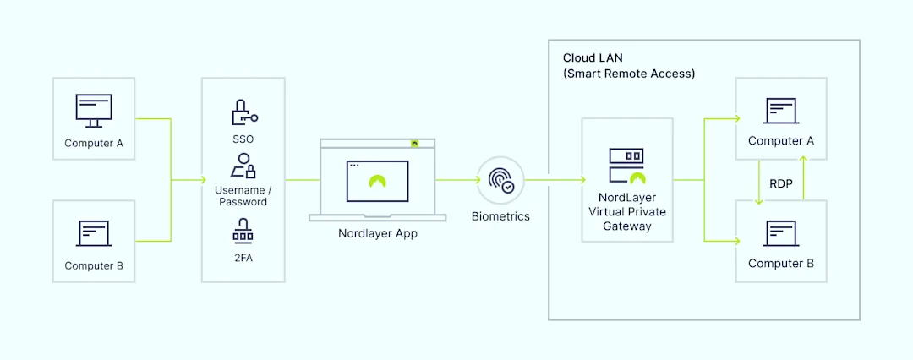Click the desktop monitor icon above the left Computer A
[x=94, y=111]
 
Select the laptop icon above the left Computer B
[x=94, y=233]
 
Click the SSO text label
[x=243, y=139]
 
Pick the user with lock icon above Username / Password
[x=243, y=166]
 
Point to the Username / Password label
[x=243, y=196]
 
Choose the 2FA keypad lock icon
[x=243, y=231]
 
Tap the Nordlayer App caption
[x=372, y=233]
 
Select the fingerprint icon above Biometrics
[x=500, y=180]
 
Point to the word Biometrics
[x=500, y=216]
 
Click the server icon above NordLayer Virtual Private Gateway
[x=626, y=166]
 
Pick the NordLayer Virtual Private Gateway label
[x=626, y=211]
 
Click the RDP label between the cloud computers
[x=781, y=183]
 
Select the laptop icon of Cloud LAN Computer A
[x=781, y=111]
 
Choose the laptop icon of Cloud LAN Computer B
[x=781, y=232]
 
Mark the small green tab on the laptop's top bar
[x=414, y=143]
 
